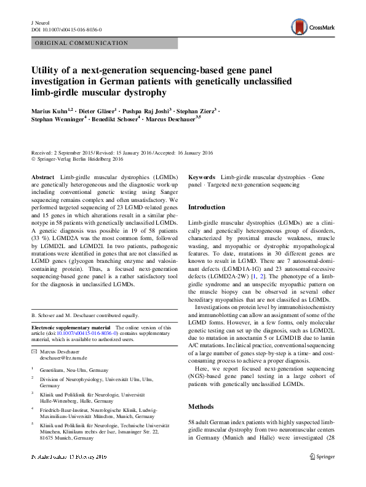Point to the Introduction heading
coord(206,207)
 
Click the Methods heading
coord(201,407)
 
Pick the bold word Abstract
coord(43,177)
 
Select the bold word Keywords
coord(202,177)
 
